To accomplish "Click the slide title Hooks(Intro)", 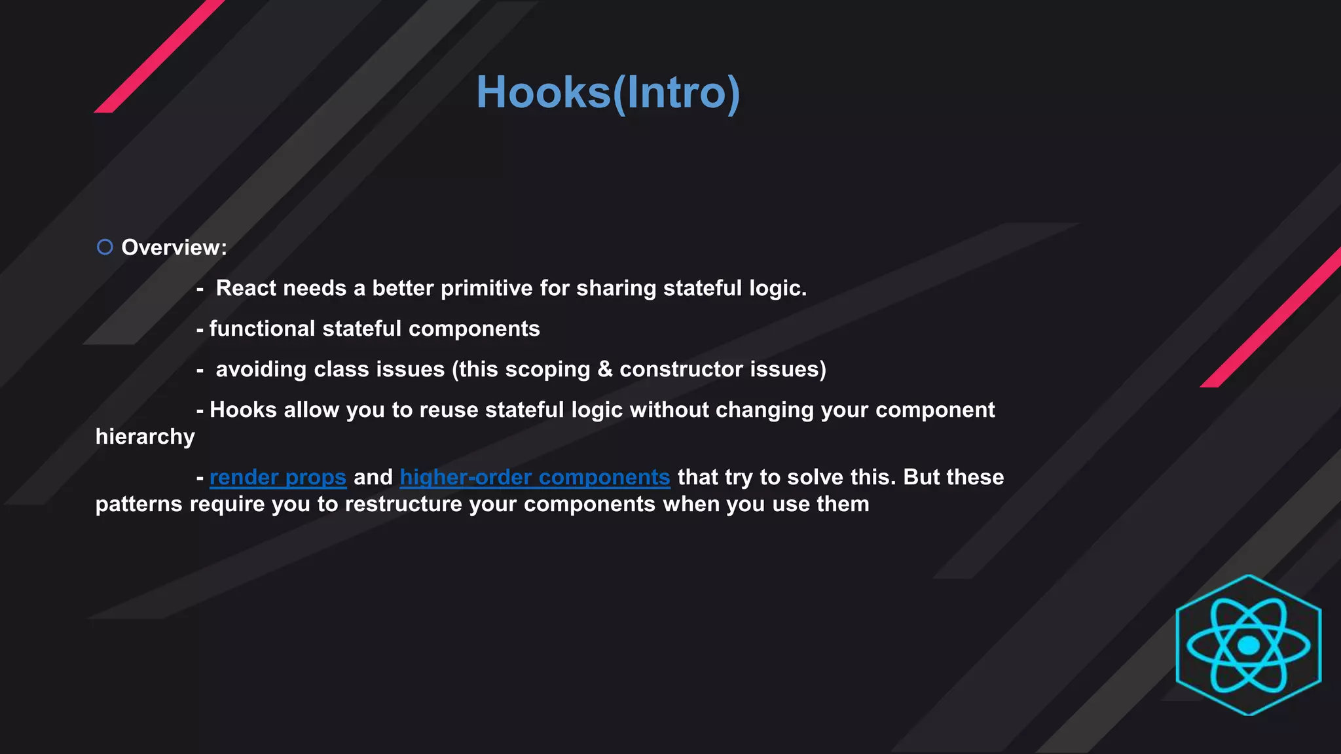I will click(608, 92).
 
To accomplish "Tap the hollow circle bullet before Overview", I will click(105, 247).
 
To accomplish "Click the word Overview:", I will click(174, 247).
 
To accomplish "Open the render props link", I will click(278, 477).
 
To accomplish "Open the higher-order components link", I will click(535, 477).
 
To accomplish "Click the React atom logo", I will click(1248, 645).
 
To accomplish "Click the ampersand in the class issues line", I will click(605, 369).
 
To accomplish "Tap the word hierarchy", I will click(145, 437).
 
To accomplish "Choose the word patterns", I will click(139, 505).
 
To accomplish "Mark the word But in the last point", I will click(921, 477).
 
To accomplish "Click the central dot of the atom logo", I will click(1249, 646).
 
